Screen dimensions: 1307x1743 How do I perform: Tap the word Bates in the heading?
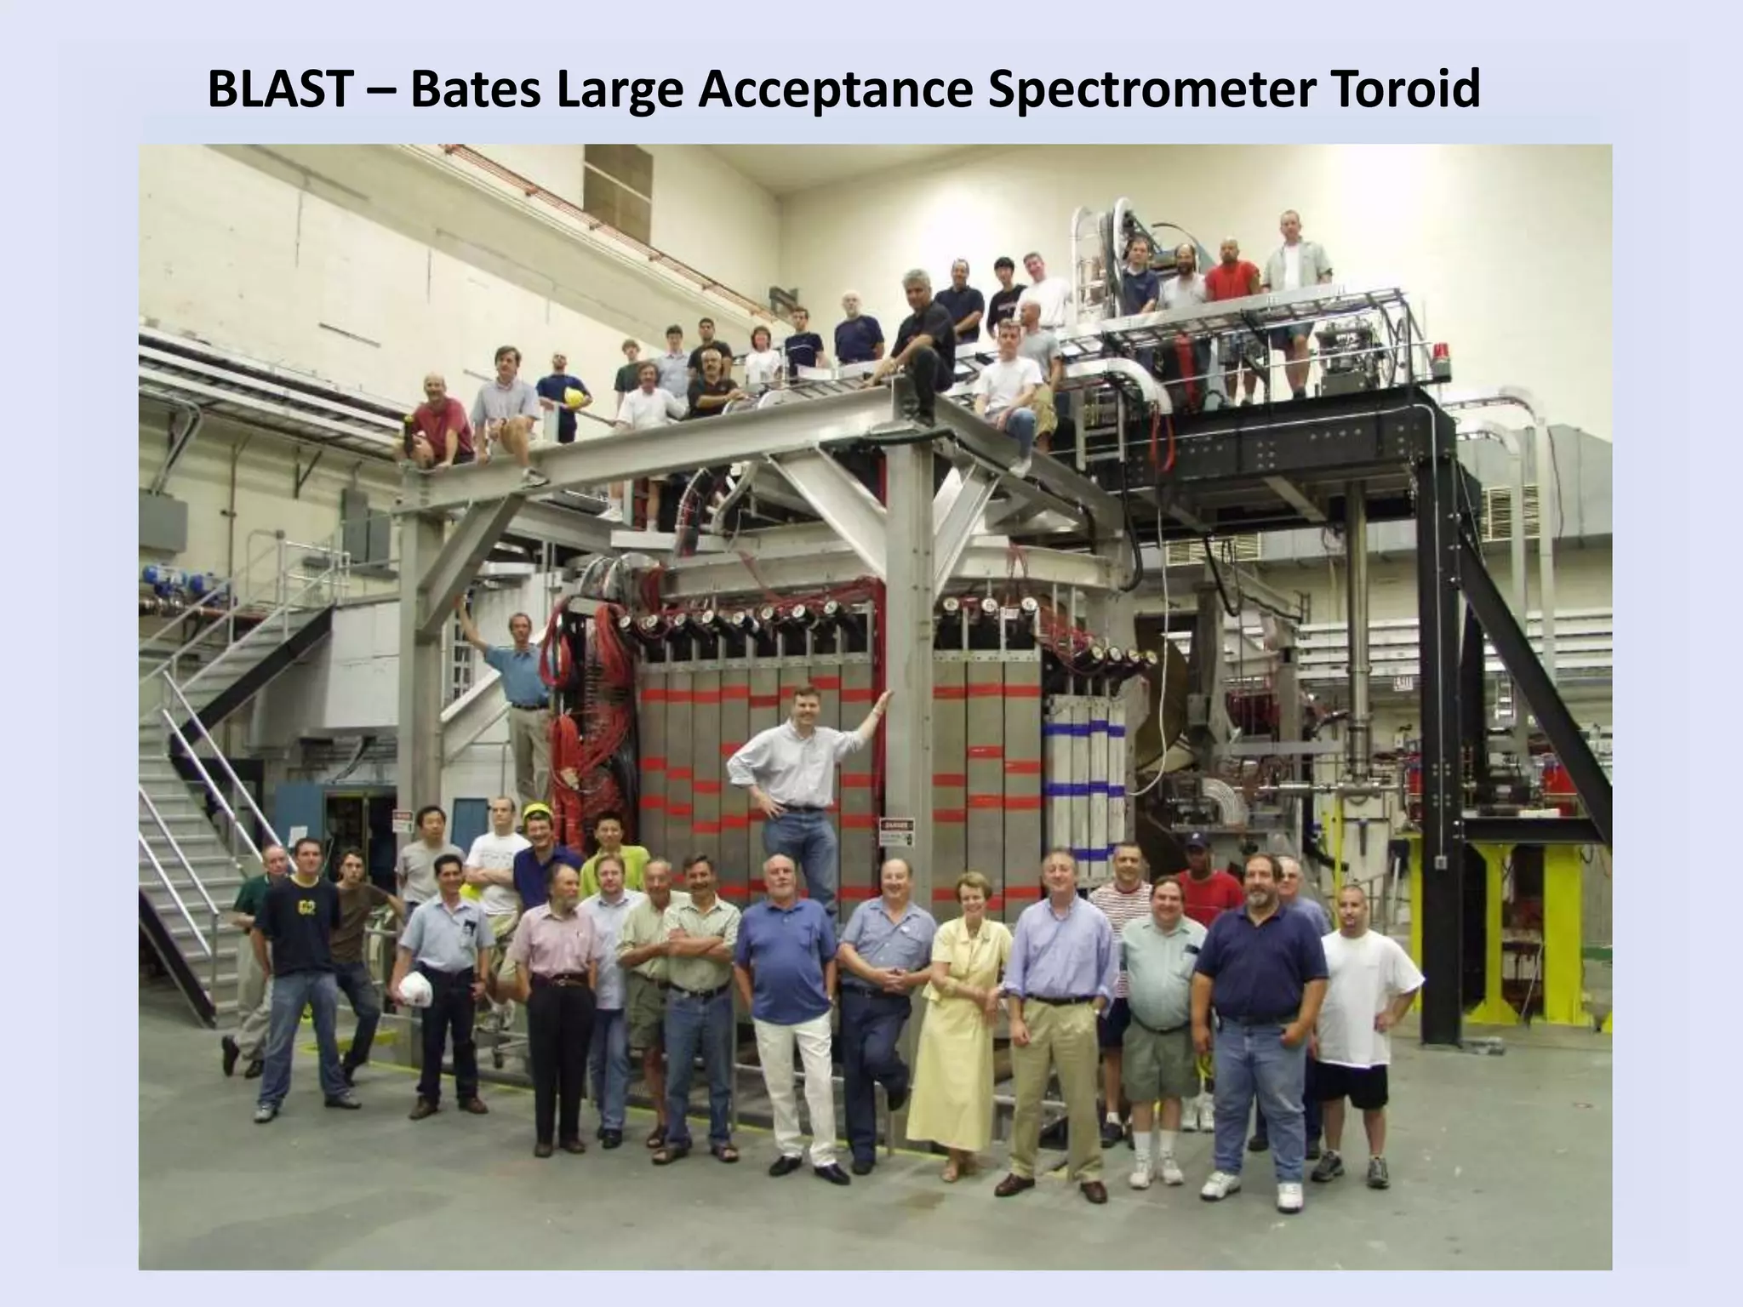[x=475, y=89]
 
